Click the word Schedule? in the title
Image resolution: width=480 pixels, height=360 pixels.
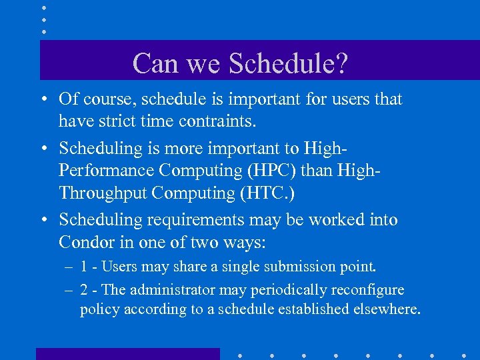coord(288,63)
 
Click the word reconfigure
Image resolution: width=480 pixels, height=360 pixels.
coord(369,290)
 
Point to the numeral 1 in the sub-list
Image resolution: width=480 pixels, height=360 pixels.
coord(85,267)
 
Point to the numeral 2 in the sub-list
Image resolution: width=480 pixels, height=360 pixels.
coord(85,290)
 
